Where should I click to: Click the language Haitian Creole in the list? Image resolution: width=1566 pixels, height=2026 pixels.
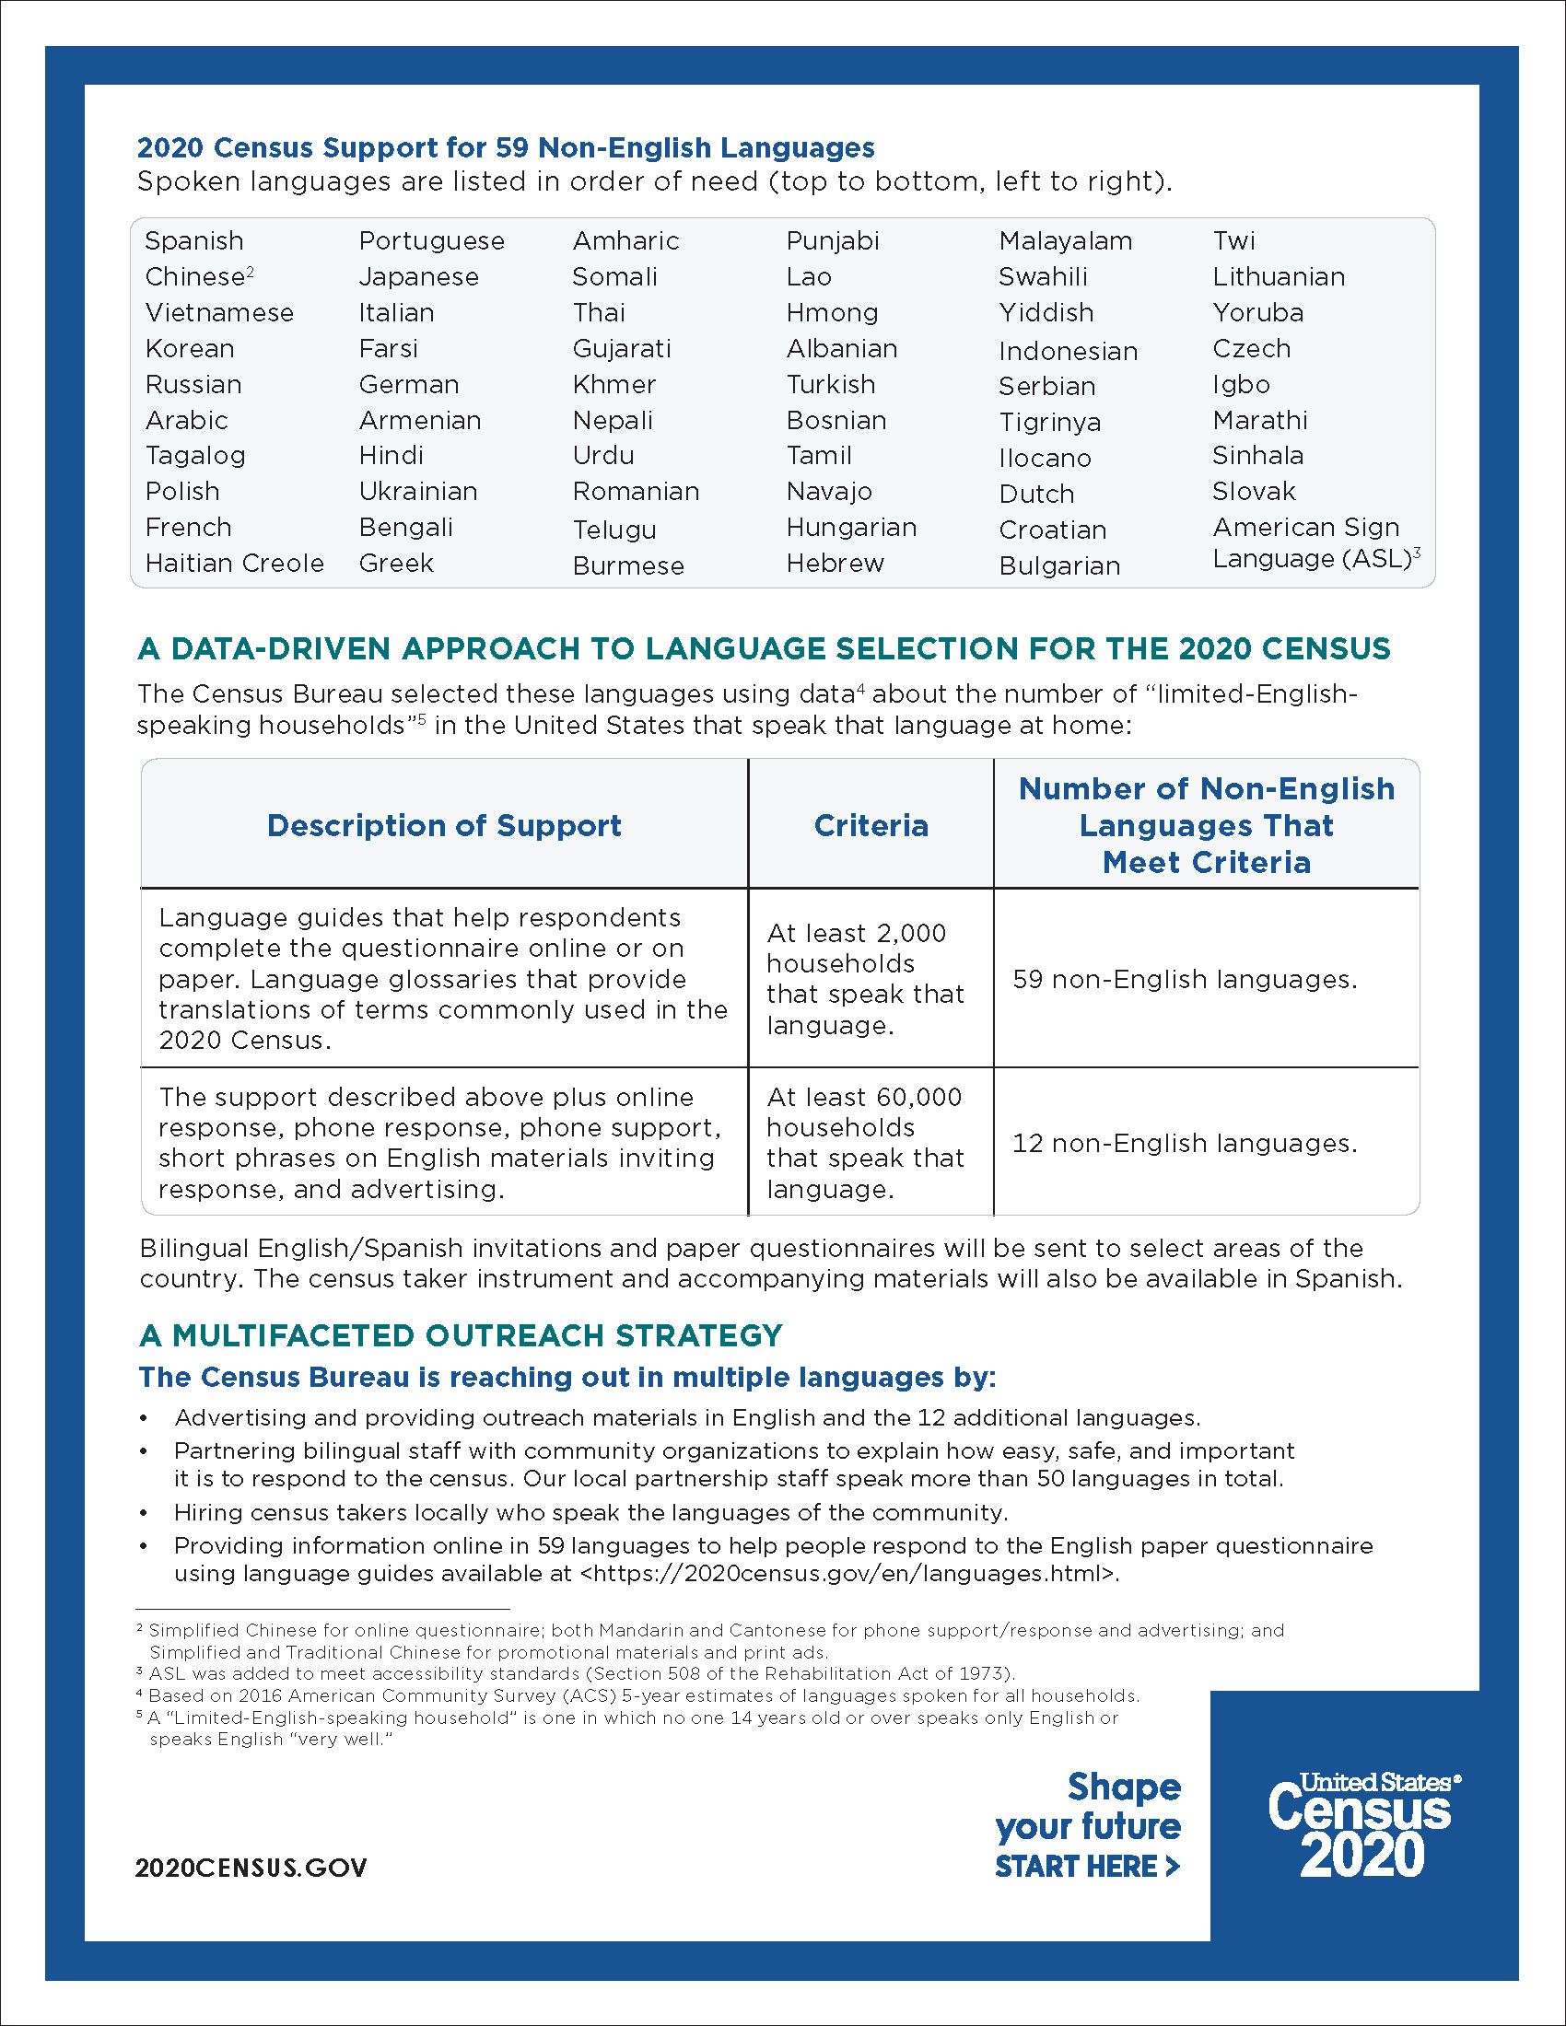(x=235, y=563)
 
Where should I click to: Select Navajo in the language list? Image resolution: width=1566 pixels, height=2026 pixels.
(x=828, y=492)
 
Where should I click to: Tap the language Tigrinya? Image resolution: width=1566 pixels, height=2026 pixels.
(x=1049, y=422)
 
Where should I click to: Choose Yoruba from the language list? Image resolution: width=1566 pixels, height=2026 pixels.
(x=1257, y=312)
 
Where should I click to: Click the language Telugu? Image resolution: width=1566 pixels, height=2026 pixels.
(x=614, y=530)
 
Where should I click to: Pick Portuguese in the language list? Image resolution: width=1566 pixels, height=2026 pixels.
(x=431, y=241)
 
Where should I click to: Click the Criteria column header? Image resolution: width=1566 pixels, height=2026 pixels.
(x=871, y=826)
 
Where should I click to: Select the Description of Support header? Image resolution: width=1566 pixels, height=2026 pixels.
(x=443, y=826)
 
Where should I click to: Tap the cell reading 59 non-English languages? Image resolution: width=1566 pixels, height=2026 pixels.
(x=1184, y=980)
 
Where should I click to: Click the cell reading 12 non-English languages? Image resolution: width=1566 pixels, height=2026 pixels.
(x=1184, y=1143)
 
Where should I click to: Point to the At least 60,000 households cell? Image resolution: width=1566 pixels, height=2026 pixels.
(x=865, y=1143)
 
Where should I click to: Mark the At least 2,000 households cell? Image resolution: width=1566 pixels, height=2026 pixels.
(x=865, y=979)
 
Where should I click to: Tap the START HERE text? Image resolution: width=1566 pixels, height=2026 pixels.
(x=1086, y=1867)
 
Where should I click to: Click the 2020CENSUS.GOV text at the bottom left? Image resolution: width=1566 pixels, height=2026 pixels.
(x=251, y=1868)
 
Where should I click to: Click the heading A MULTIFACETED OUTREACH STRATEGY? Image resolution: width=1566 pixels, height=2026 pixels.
(x=462, y=1336)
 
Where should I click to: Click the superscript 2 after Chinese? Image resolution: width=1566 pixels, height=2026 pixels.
(x=251, y=271)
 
